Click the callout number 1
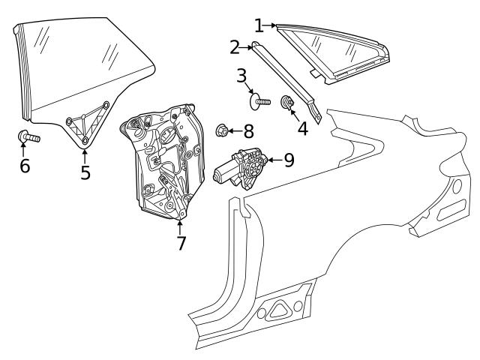click(259, 26)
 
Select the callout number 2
click(235, 48)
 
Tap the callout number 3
click(241, 76)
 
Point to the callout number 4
click(302, 128)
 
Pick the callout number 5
click(85, 172)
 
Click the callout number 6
click(25, 166)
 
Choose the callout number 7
click(181, 243)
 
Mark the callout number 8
click(248, 131)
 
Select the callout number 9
click(288, 159)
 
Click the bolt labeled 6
click(28, 136)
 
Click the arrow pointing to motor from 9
click(273, 159)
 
